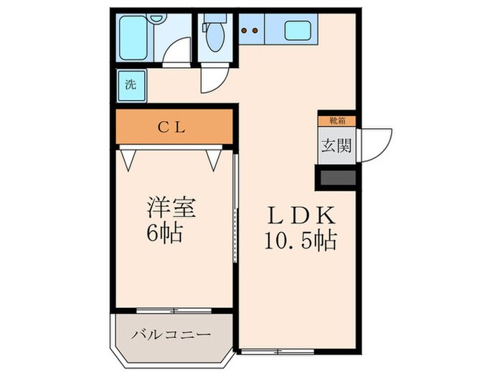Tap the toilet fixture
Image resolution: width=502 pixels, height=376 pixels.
tap(213, 39)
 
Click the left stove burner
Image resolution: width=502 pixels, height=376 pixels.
tap(245, 31)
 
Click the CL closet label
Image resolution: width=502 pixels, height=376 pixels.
tap(172, 128)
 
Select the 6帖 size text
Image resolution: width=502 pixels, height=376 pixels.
tap(165, 234)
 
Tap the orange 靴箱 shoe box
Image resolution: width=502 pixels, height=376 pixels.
tap(335, 121)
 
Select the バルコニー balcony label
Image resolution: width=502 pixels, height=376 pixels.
tap(170, 334)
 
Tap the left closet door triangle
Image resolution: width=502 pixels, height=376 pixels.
tap(129, 158)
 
